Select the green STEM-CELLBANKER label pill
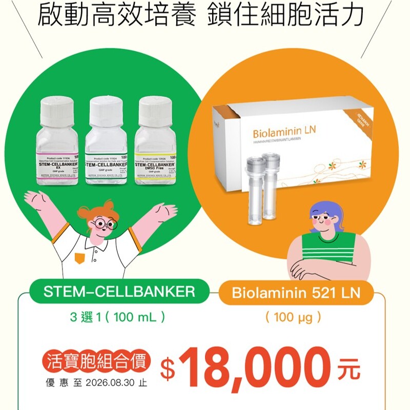click(119, 293)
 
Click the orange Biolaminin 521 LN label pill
click(296, 294)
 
